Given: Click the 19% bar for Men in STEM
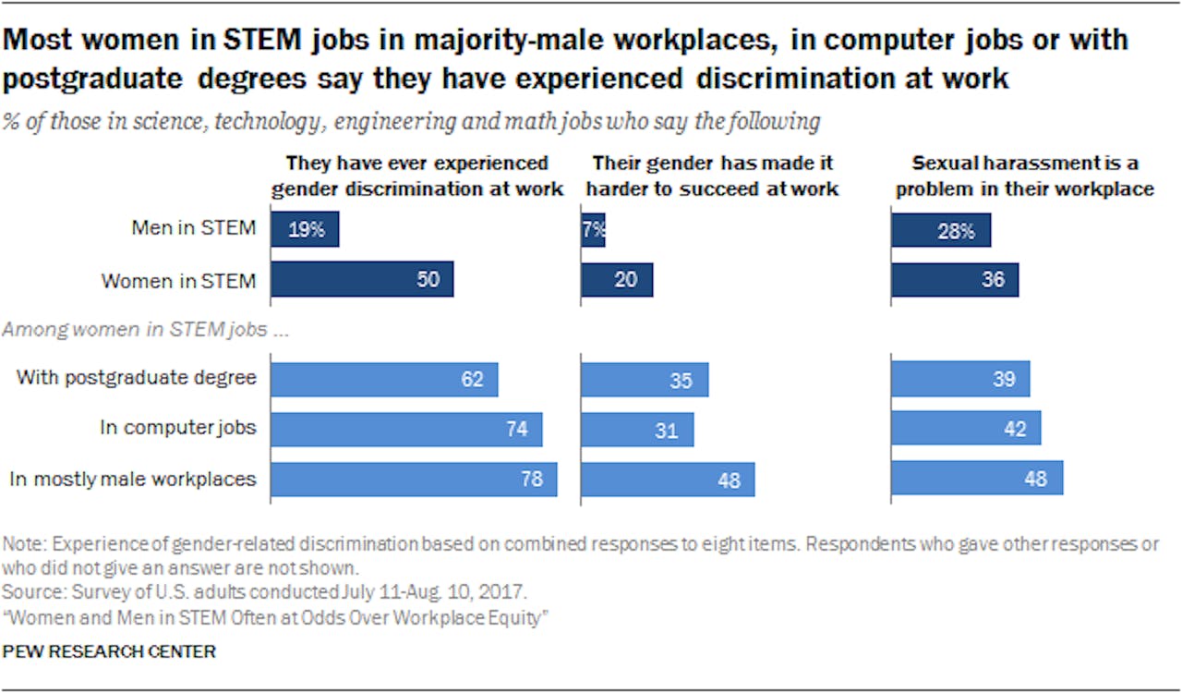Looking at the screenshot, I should pos(305,229).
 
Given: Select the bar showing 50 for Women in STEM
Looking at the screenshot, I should pos(362,279).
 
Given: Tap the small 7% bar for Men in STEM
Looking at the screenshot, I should pos(593,229).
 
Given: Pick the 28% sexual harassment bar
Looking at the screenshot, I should pos(941,229).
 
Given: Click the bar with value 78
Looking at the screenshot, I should pos(414,479).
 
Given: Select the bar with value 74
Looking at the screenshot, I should pos(406,429).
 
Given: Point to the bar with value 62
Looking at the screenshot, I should pos(384,379).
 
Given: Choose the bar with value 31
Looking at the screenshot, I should pos(637,429).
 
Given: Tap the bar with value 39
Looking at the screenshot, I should pos(960,379).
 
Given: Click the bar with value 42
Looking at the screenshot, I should pos(966,429).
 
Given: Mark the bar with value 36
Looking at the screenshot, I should pos(955,279).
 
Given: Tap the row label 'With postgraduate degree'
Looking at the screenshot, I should pos(137,378).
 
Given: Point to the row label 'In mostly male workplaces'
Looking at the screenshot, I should pos(132,479).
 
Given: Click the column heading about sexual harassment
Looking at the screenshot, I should pos(1025,176).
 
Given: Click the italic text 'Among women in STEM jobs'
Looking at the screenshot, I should pos(148,330).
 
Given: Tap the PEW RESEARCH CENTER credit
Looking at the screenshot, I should pos(109,652).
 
